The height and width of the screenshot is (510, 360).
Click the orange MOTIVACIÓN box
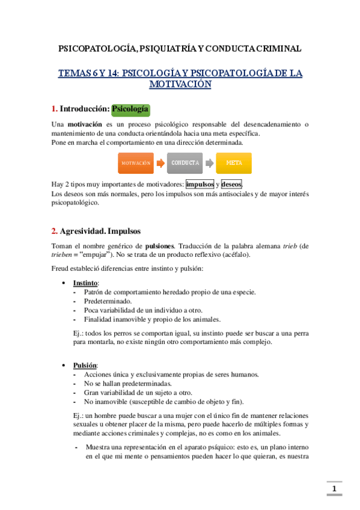[x=135, y=163]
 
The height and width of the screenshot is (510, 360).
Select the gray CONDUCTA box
[x=185, y=163]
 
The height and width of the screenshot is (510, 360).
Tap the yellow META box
[x=234, y=163]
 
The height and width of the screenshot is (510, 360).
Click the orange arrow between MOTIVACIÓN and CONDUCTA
[x=160, y=163]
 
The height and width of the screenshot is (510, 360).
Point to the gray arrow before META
[x=209, y=163]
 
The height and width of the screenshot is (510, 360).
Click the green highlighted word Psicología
[x=130, y=109]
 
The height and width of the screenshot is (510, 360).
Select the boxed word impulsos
[x=200, y=184]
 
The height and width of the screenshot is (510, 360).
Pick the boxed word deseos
[x=232, y=184]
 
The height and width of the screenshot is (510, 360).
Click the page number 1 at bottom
[x=334, y=488]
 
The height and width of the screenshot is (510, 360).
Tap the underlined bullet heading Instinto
[x=86, y=283]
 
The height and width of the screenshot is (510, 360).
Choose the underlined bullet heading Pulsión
[x=85, y=365]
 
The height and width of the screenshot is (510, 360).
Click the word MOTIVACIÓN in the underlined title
[x=180, y=85]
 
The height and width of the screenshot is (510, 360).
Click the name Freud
[x=61, y=268]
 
